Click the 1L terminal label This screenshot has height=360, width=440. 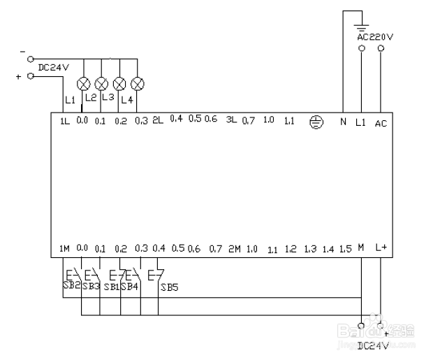[x=65, y=121]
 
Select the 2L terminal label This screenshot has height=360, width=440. [x=158, y=120]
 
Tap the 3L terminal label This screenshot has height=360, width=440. [x=232, y=120]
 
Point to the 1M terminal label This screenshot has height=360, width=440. [x=64, y=248]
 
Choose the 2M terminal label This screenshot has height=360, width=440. [x=234, y=249]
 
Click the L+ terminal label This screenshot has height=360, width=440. [x=381, y=247]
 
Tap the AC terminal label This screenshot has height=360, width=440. [x=381, y=123]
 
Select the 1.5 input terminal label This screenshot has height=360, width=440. [x=345, y=249]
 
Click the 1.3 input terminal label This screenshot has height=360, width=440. [x=311, y=249]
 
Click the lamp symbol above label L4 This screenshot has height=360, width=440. [x=138, y=84]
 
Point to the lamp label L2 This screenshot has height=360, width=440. [x=90, y=97]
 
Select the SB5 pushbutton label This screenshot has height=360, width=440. [x=169, y=287]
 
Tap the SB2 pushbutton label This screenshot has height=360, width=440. [x=70, y=286]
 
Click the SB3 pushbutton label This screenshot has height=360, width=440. [x=91, y=286]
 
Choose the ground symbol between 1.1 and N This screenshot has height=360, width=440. [x=316, y=122]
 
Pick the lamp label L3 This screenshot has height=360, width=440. [x=108, y=96]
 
